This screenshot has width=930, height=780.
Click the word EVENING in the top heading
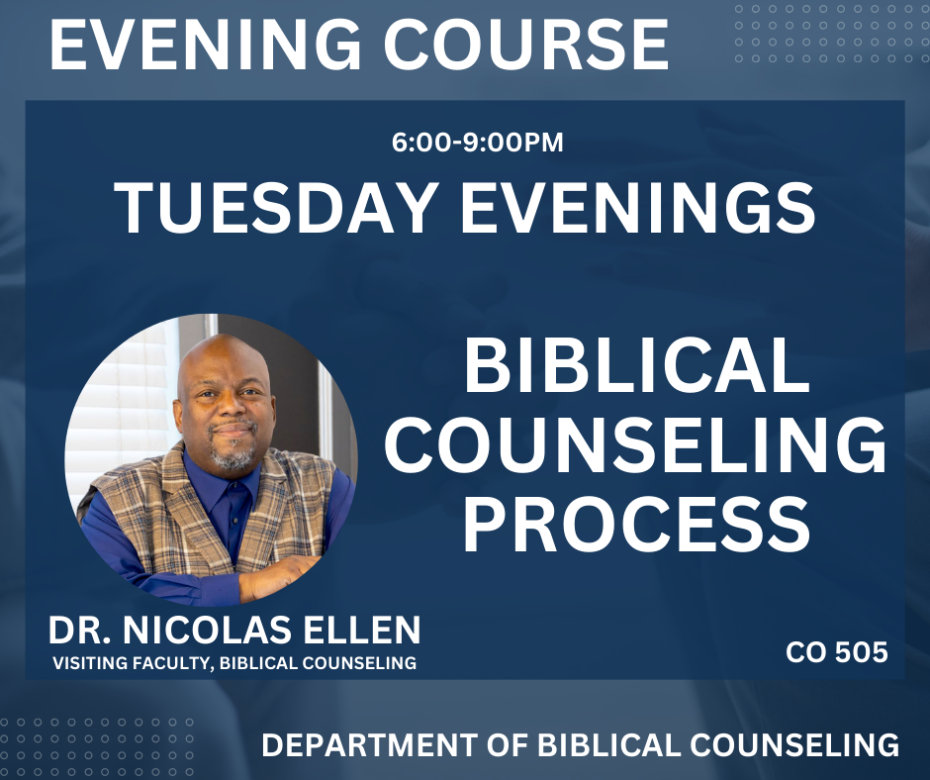click(x=206, y=44)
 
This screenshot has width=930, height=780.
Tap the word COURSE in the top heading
click(x=526, y=44)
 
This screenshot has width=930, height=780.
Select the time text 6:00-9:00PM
click(x=478, y=144)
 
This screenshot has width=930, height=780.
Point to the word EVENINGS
click(x=638, y=208)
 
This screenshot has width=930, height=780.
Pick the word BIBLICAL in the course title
click(x=636, y=365)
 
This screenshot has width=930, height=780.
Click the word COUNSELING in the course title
click(x=635, y=444)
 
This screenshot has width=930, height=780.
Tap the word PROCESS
click(x=636, y=524)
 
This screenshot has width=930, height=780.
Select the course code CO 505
click(x=837, y=652)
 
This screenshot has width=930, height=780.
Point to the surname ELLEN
click(x=362, y=631)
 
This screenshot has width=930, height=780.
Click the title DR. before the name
click(x=80, y=631)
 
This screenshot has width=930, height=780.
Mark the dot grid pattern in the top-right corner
click(x=830, y=34)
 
